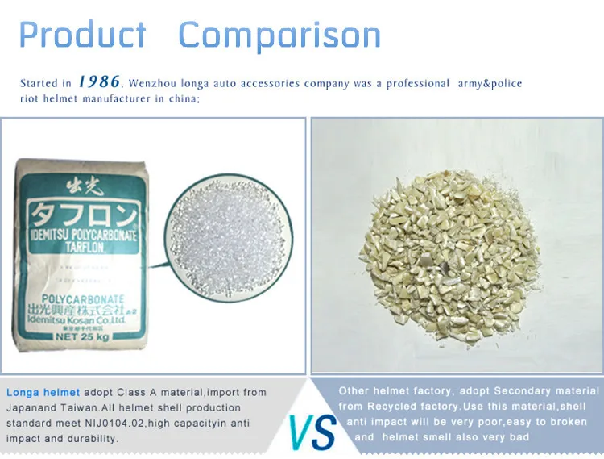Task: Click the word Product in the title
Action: [x=82, y=35]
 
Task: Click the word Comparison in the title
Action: [x=279, y=35]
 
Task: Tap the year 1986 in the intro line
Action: [x=99, y=81]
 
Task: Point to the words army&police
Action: [x=490, y=84]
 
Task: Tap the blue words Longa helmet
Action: [x=43, y=393]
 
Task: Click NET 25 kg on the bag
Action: [x=82, y=336]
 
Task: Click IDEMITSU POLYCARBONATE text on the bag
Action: [x=85, y=235]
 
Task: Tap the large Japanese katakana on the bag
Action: [x=84, y=214]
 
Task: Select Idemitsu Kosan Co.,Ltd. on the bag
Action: [x=77, y=320]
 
